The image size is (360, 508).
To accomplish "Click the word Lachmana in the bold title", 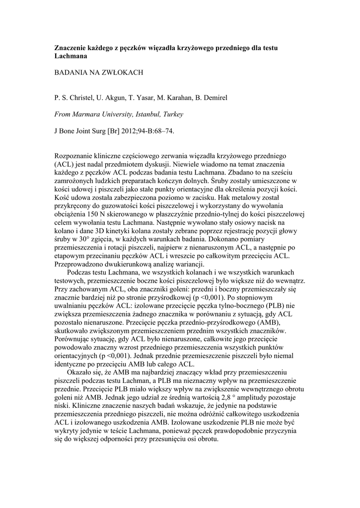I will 70,57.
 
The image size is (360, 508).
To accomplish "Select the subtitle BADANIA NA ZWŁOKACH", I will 98,72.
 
